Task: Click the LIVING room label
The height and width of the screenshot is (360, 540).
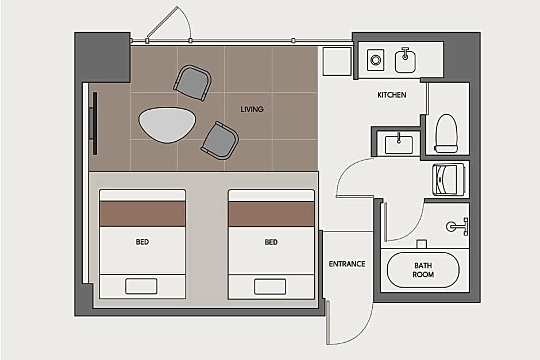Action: (x=252, y=110)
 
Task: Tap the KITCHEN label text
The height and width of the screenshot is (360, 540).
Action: (x=392, y=95)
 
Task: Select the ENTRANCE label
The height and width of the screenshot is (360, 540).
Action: (x=347, y=264)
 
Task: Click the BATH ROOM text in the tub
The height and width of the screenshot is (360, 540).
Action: (x=423, y=270)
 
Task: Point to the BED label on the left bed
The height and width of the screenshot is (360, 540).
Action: (x=142, y=242)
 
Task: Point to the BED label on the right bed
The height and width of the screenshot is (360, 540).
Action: (x=271, y=242)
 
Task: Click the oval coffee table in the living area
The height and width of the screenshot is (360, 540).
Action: (x=167, y=125)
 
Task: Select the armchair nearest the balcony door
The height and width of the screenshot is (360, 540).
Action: (x=192, y=83)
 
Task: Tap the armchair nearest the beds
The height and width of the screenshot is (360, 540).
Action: (x=220, y=141)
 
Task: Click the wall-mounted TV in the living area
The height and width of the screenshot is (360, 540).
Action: (x=94, y=123)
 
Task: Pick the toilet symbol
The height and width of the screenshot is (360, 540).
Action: (x=446, y=134)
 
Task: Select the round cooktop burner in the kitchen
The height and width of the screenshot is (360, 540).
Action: (x=375, y=60)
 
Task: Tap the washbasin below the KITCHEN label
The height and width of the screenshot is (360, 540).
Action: (x=399, y=144)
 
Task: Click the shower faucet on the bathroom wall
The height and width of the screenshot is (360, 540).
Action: (x=457, y=226)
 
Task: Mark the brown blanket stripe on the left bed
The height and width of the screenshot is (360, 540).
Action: (x=142, y=214)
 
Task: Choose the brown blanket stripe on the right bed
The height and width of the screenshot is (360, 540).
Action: (x=271, y=214)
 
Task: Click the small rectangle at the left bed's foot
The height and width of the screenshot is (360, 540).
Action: (x=141, y=287)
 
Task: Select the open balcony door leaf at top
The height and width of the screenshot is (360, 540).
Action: (x=163, y=21)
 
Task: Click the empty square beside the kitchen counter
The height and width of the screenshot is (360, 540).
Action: (x=337, y=61)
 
